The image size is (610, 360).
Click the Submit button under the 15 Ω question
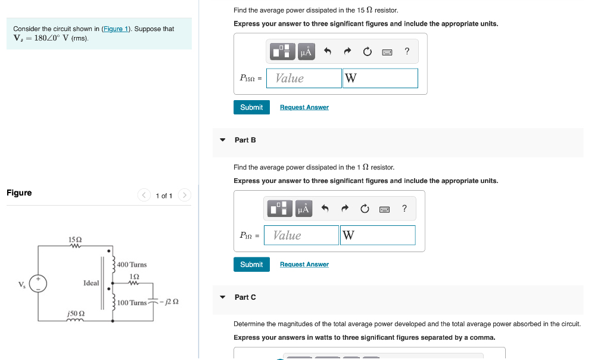[x=251, y=107]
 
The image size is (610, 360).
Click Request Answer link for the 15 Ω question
[x=304, y=107]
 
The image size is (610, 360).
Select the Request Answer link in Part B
[x=304, y=265]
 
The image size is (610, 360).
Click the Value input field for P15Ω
[x=304, y=78]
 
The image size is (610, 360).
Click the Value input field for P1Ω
[x=301, y=235]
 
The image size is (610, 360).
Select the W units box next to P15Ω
[x=380, y=78]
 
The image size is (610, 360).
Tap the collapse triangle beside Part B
[x=223, y=140]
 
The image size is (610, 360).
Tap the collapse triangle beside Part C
[x=223, y=297]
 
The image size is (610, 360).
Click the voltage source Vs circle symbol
[x=39, y=283]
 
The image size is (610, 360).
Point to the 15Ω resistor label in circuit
[x=75, y=240]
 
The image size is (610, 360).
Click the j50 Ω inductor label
[x=75, y=313]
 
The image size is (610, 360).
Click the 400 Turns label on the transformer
[x=132, y=265]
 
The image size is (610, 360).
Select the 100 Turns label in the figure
[x=132, y=303]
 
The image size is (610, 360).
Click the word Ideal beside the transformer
[x=91, y=283]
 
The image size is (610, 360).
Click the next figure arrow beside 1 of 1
[x=185, y=195]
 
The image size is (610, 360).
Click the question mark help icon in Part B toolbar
[x=404, y=209]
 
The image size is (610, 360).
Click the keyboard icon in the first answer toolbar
[x=387, y=52]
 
